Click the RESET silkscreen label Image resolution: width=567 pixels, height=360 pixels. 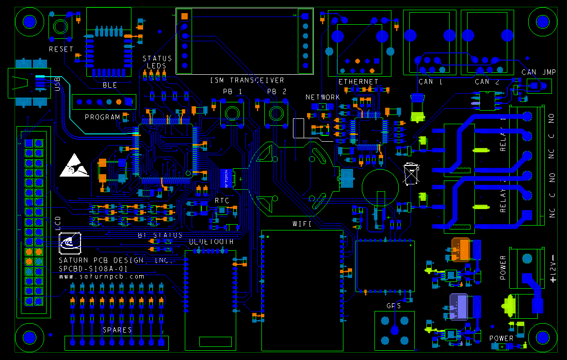point(61,49)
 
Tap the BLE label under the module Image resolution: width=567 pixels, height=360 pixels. point(110,85)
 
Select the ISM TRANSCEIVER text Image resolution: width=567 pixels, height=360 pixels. point(247,80)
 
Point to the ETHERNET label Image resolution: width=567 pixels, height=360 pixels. point(358,82)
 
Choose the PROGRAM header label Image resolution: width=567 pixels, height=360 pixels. point(102,117)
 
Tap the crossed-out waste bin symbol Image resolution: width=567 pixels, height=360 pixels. point(411,174)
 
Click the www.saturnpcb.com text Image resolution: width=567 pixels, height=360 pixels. point(102,277)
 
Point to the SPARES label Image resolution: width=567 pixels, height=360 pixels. point(117,330)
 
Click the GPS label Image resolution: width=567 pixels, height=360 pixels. point(393,306)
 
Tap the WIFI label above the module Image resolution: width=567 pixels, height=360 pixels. point(301,224)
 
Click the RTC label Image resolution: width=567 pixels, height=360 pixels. point(222,200)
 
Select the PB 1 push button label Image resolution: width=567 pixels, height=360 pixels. point(232,92)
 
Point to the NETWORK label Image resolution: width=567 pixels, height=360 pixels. point(323,98)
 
